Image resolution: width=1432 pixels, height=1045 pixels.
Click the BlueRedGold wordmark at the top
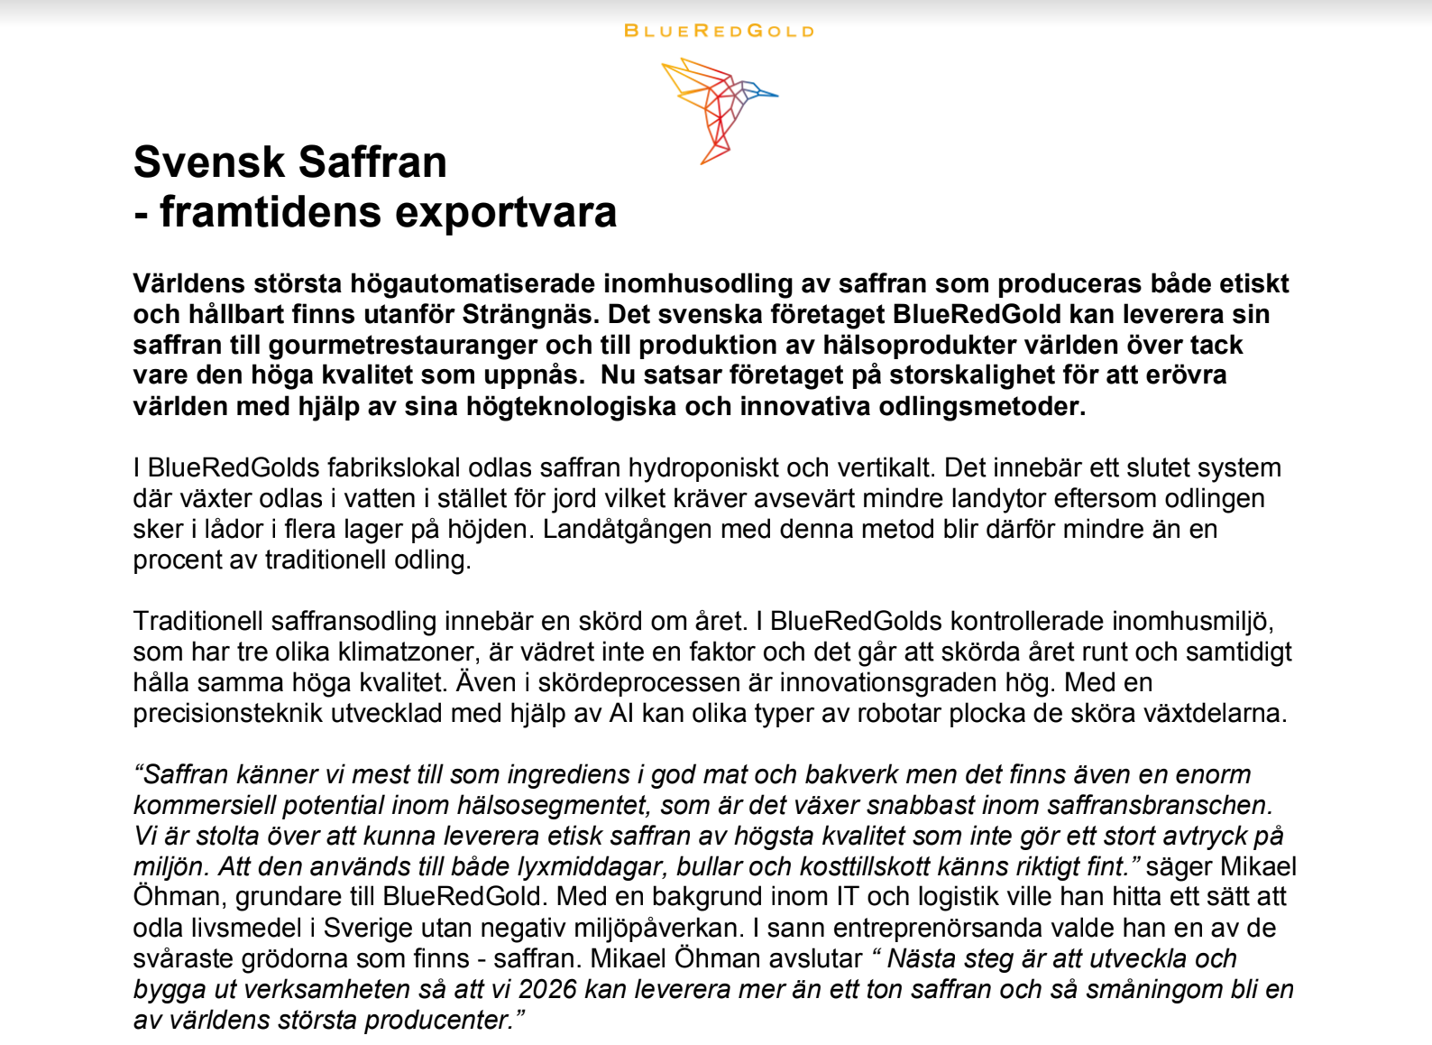click(x=719, y=31)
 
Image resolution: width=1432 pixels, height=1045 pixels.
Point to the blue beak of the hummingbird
click(x=766, y=92)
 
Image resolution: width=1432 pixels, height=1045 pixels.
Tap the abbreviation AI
click(x=621, y=713)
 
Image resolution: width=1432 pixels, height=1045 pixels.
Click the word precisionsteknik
click(x=228, y=713)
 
